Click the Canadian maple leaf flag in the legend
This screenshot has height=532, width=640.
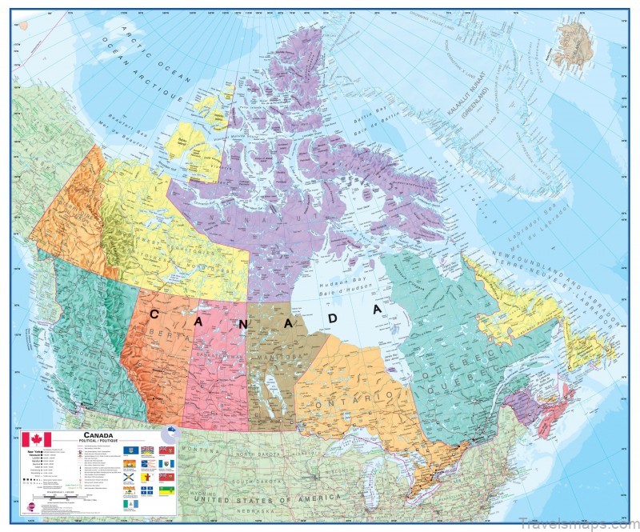click(x=37, y=439)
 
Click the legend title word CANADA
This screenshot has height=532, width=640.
click(x=98, y=435)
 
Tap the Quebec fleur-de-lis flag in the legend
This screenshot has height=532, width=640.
click(x=146, y=490)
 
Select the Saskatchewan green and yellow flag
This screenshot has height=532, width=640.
click(x=166, y=490)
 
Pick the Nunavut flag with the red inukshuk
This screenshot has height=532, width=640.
click(x=146, y=477)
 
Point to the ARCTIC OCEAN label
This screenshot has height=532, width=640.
click(x=152, y=56)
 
